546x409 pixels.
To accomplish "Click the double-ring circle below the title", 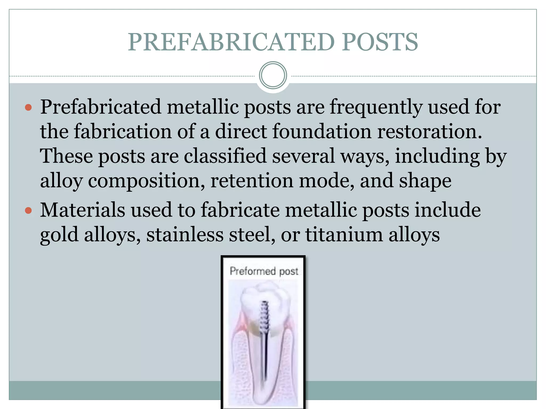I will [x=273, y=75].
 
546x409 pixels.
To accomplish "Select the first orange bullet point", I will [x=28, y=108].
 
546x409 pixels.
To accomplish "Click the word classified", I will [x=225, y=156].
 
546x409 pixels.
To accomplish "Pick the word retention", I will [x=252, y=181].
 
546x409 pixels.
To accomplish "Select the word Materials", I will [x=82, y=210].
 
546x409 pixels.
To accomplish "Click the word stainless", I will [x=185, y=235].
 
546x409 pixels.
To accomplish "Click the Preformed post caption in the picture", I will [x=264, y=271].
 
